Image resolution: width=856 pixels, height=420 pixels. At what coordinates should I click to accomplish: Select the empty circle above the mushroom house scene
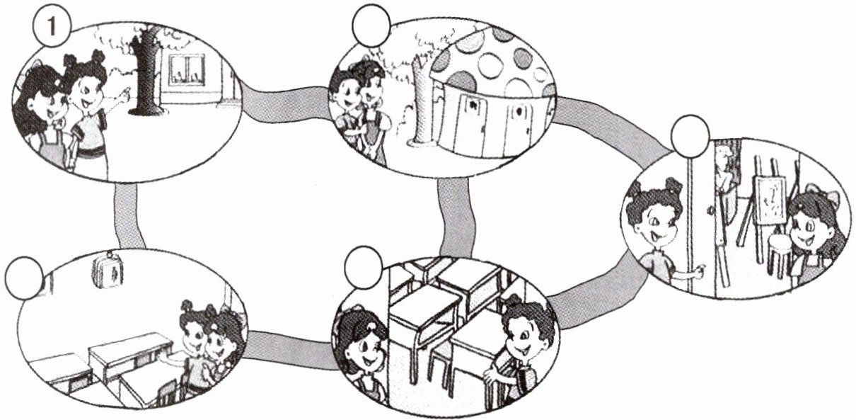[x=370, y=24]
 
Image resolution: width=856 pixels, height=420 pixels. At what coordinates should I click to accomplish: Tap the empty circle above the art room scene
[x=690, y=138]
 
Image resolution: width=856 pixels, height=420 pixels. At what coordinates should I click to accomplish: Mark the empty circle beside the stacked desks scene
[x=364, y=267]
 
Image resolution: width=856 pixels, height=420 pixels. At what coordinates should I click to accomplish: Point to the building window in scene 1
[x=186, y=69]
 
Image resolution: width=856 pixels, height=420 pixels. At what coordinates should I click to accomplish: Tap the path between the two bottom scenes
[x=290, y=347]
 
